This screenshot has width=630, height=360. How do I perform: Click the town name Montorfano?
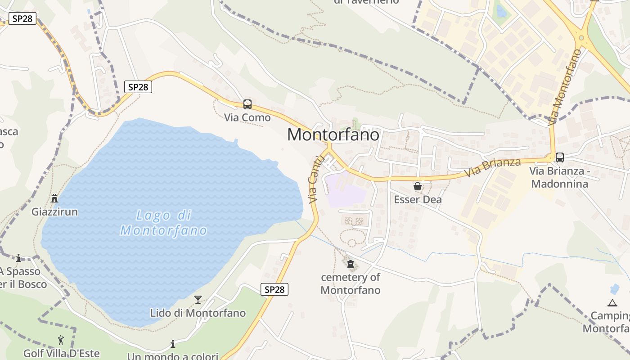(333, 135)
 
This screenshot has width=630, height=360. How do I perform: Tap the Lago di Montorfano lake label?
(163, 223)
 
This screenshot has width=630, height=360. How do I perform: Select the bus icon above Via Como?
(247, 104)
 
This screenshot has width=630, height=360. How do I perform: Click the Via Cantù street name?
(316, 180)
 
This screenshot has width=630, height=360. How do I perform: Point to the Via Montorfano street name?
(565, 87)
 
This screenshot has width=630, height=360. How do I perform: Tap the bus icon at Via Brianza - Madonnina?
(560, 157)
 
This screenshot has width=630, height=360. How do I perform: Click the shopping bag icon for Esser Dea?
(418, 186)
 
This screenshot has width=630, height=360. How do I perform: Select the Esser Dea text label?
(418, 199)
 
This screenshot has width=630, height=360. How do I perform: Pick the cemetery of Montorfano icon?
(351, 264)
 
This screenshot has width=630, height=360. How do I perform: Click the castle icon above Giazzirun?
(54, 198)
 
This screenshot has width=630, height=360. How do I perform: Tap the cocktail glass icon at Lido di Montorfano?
(198, 300)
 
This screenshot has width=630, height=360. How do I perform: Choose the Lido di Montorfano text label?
(198, 313)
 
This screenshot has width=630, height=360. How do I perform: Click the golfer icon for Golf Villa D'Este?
(61, 340)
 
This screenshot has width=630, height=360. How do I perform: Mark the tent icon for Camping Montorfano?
(612, 303)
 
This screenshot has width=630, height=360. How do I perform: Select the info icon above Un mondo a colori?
(173, 344)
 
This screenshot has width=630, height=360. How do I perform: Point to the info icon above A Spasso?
(18, 258)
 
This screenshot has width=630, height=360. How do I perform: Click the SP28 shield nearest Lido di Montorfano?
(274, 289)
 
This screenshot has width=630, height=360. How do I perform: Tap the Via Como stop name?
(247, 117)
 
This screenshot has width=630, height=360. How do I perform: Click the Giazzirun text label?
(54, 211)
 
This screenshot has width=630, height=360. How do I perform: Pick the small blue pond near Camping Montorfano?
(614, 289)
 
